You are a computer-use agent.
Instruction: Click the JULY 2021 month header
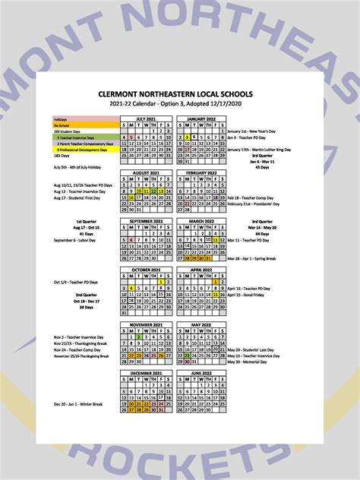click(147, 119)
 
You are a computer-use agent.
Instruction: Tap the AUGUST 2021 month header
click(147, 173)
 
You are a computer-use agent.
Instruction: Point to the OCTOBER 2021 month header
click(147, 270)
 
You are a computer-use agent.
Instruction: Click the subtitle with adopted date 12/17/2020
click(180, 103)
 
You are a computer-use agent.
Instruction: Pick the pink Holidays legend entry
click(86, 119)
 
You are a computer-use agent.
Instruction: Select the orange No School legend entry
click(86, 125)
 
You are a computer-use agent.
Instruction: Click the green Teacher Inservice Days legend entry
click(86, 137)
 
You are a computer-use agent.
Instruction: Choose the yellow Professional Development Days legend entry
click(86, 150)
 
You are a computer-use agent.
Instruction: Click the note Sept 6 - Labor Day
click(73, 240)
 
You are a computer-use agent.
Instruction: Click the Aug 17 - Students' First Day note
click(78, 198)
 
